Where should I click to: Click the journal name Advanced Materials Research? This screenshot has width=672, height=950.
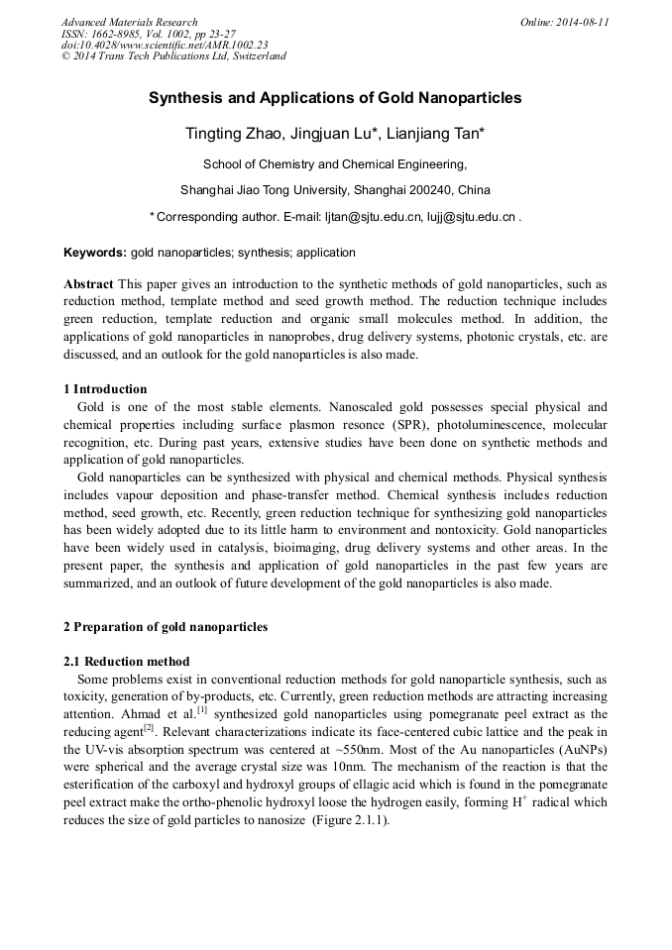pyautogui.click(x=130, y=22)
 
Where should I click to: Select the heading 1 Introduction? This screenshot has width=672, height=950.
pyautogui.click(x=105, y=389)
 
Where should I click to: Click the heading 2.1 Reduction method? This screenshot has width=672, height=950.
pyautogui.click(x=127, y=661)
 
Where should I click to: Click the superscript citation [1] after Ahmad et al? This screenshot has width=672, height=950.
pyautogui.click(x=201, y=709)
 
